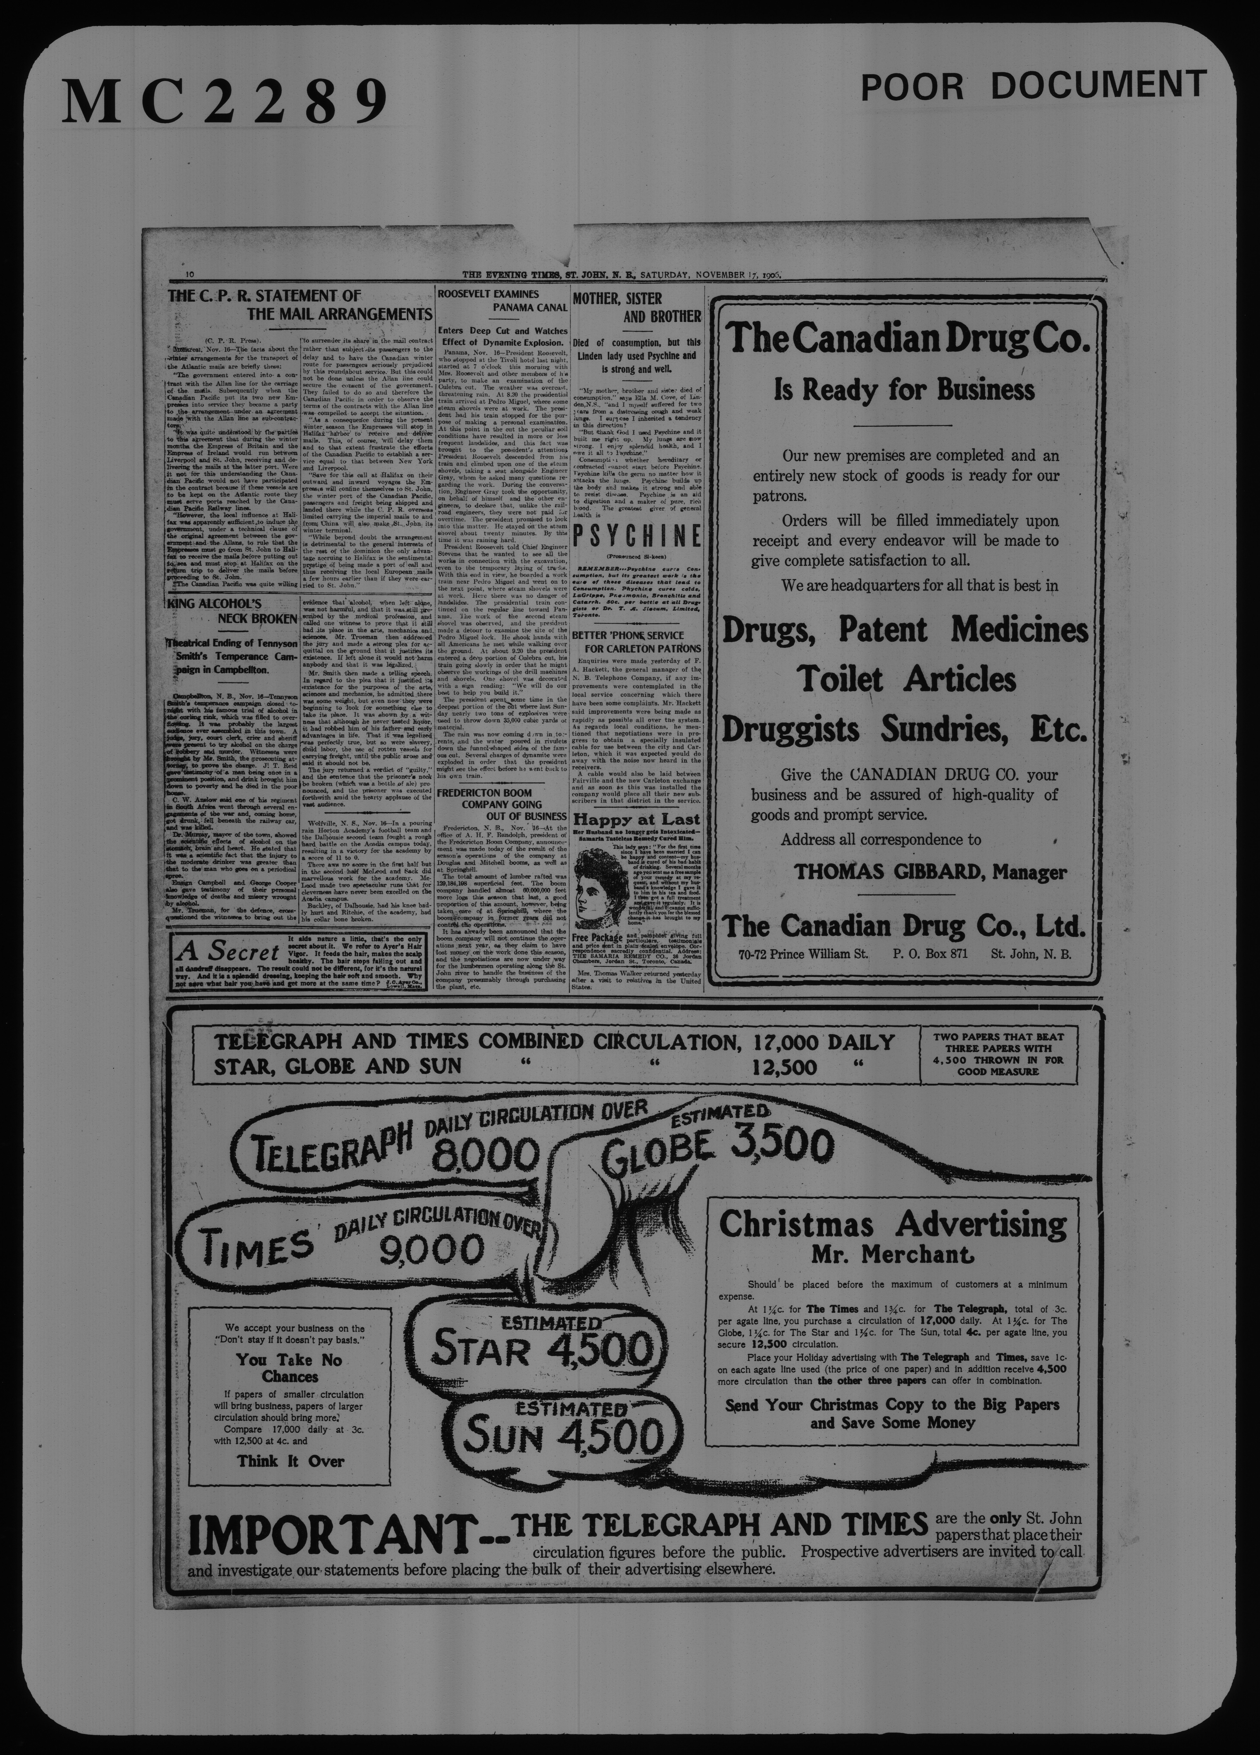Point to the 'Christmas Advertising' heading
(x=893, y=1225)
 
